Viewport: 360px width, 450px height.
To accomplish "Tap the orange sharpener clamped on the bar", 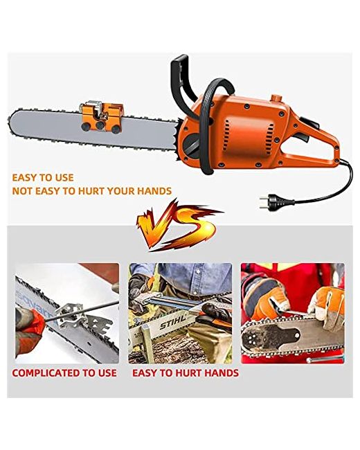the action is [x=101, y=116].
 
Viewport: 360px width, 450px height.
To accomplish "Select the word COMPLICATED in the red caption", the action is [x=46, y=372].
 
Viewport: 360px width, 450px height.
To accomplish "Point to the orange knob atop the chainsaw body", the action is [x=276, y=98].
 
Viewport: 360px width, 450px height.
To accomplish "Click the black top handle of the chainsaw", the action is [x=181, y=83].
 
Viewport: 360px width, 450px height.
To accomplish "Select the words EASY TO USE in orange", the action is [x=43, y=178].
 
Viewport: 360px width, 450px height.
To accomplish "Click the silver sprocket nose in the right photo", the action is [x=253, y=339].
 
